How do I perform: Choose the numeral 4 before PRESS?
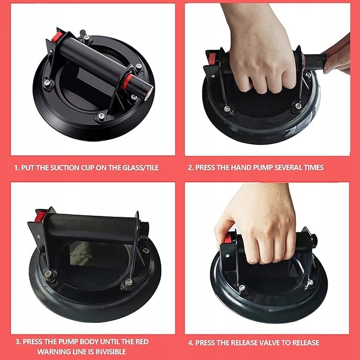coord(190,343)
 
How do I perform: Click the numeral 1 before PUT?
coord(15,168)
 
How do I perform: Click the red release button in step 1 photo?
coord(57,37)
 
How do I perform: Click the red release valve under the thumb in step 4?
coord(227,239)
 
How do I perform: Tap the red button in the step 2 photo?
coord(212,59)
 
